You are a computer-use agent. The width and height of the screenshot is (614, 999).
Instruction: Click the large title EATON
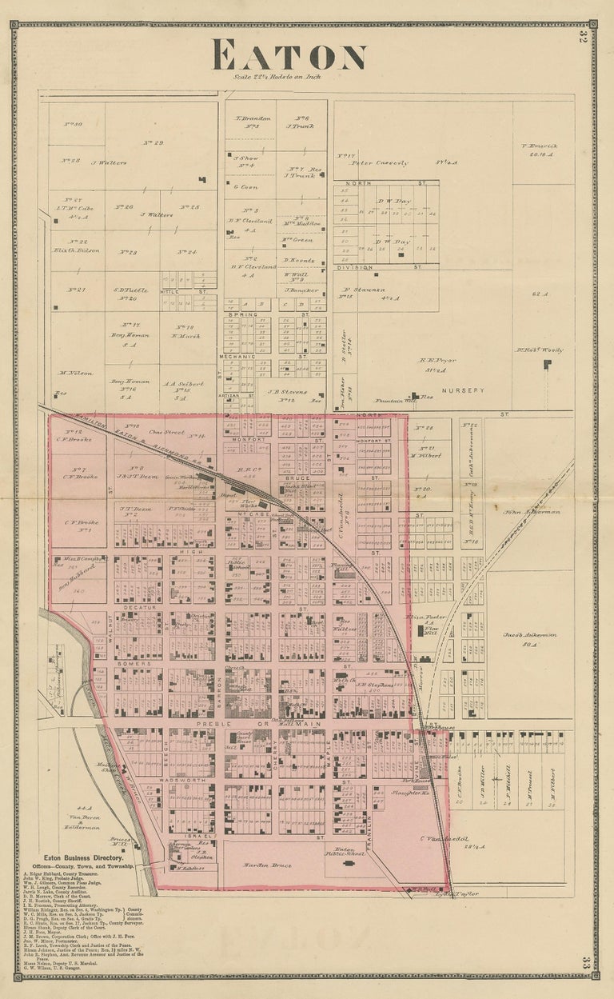(289, 56)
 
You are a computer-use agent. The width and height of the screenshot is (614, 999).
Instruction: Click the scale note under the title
(289, 77)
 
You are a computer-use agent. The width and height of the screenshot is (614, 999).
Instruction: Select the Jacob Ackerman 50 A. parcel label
(529, 638)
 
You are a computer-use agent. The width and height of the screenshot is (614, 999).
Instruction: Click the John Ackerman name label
(532, 511)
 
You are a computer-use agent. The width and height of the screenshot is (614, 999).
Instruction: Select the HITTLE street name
(170, 293)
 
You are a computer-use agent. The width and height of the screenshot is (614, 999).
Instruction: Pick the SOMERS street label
(129, 664)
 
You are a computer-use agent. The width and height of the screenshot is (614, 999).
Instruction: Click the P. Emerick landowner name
(538, 146)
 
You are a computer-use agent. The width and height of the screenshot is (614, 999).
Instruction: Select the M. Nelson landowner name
(77, 373)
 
